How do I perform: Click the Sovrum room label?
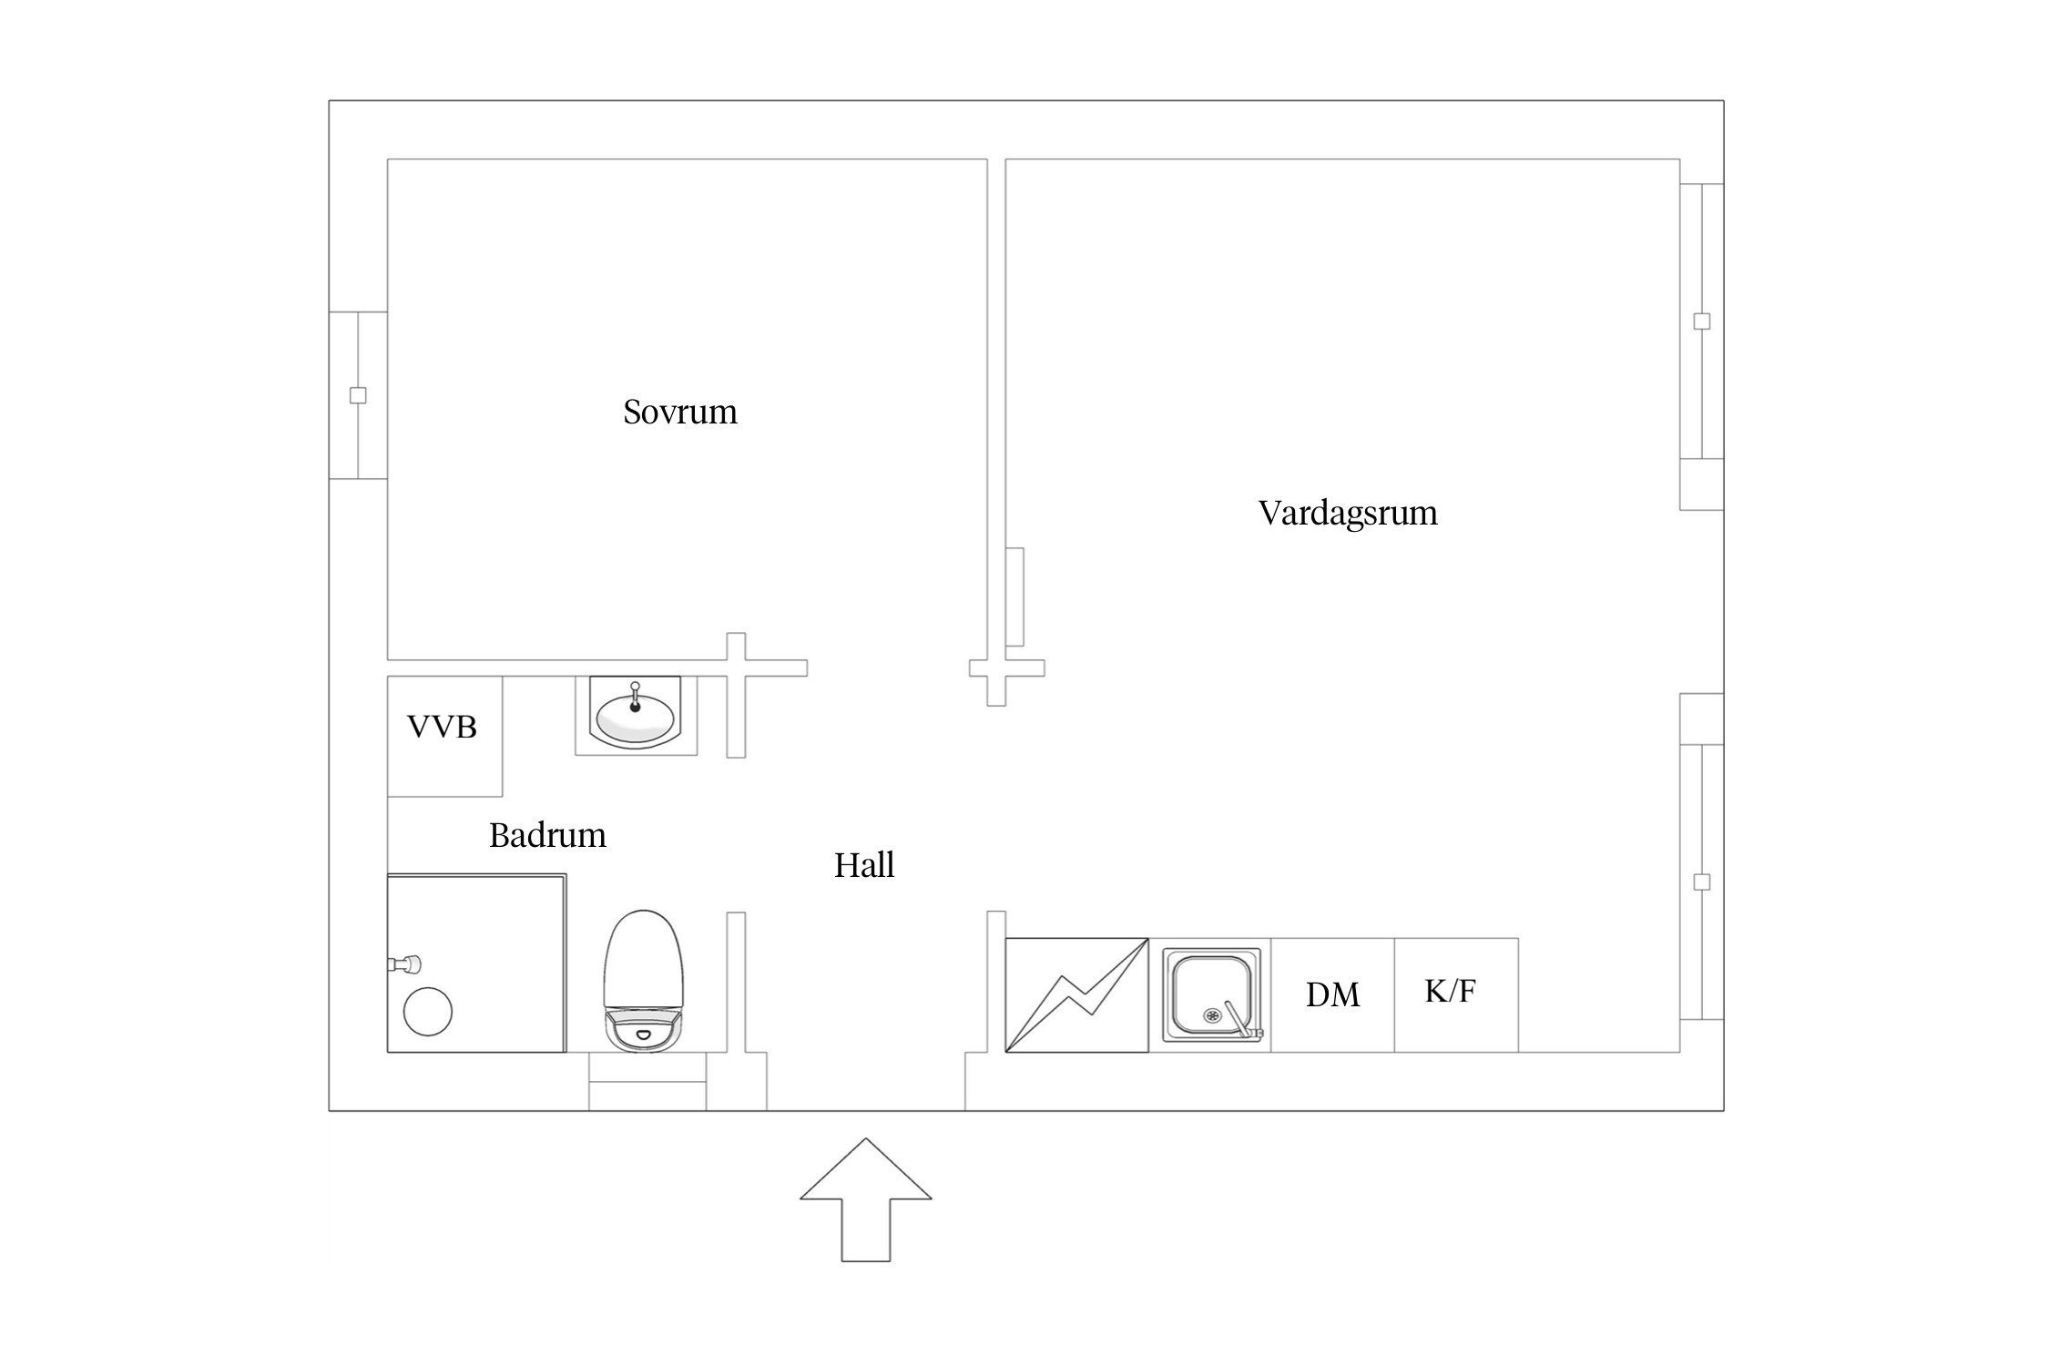click(679, 412)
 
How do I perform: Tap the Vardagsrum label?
click(1347, 513)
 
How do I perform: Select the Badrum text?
click(547, 835)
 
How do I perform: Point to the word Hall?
click(863, 864)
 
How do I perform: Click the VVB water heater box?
click(443, 735)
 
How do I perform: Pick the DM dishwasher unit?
click(1332, 994)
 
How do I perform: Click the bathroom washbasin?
click(637, 716)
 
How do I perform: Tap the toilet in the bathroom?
click(644, 965)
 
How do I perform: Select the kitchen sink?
click(1211, 994)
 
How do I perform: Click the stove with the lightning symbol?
click(1076, 994)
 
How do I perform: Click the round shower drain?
click(428, 1011)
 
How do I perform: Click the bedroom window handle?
click(358, 395)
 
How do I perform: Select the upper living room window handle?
click(1701, 321)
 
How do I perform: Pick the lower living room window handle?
click(1701, 882)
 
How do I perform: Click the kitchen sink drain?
click(1212, 1014)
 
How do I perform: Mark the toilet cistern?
click(644, 1027)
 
